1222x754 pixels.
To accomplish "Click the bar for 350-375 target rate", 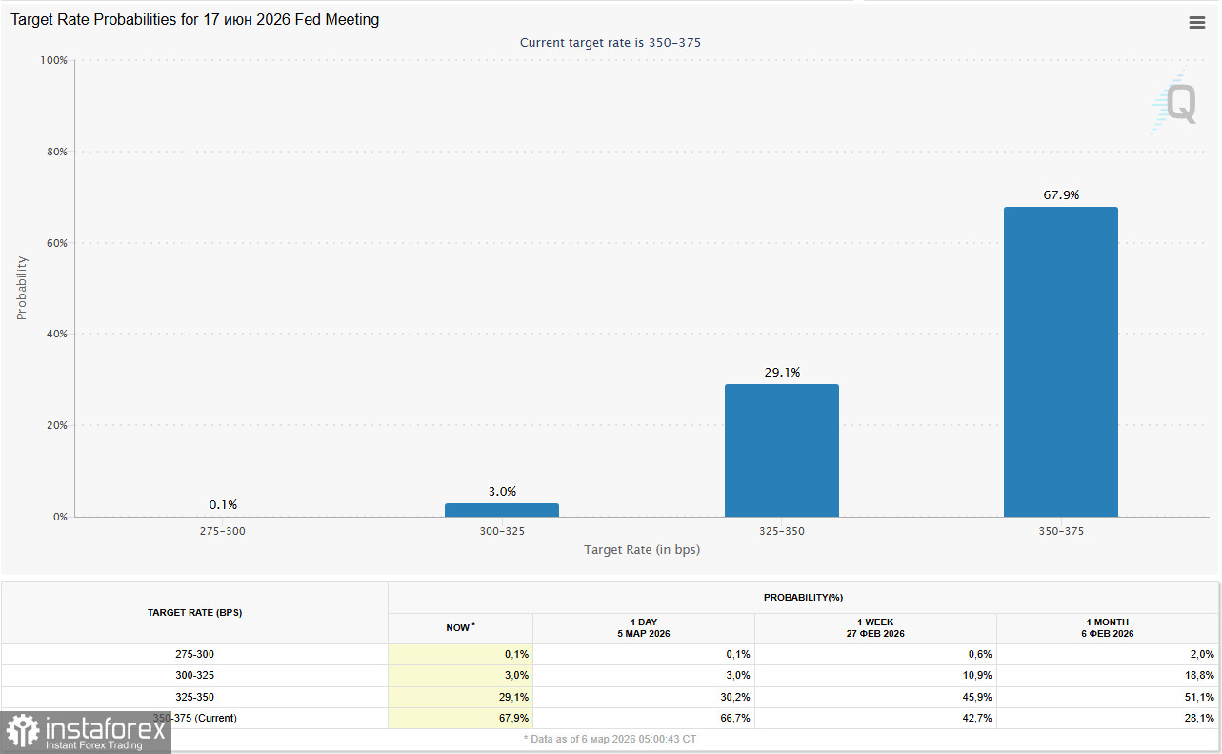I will click(1060, 362).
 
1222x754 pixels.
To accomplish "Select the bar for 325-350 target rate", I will click(781, 450).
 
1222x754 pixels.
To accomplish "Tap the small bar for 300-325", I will click(502, 510).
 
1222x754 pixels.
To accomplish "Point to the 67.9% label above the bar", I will click(1061, 195).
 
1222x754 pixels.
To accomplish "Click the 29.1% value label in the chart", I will click(782, 373).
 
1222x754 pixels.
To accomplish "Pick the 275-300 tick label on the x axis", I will click(223, 531).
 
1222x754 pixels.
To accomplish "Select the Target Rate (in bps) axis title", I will click(641, 549).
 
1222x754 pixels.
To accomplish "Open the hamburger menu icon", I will click(1197, 23).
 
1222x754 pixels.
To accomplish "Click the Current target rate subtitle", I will click(611, 43).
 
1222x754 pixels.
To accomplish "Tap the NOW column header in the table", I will click(460, 627).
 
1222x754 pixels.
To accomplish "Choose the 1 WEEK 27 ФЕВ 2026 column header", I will click(874, 627).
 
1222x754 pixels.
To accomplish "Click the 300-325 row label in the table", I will click(194, 675).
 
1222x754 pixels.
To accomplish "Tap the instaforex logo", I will click(86, 732).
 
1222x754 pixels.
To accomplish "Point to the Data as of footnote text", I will click(611, 739).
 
